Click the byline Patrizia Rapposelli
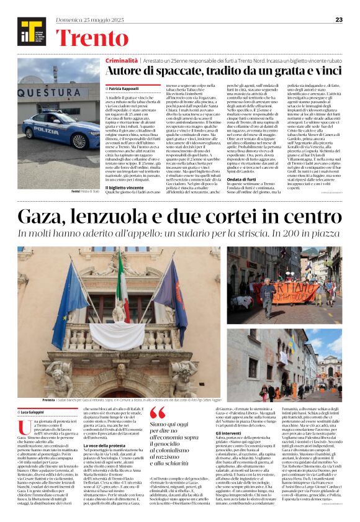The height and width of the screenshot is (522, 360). point(124,89)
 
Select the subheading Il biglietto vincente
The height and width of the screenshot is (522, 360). point(125,187)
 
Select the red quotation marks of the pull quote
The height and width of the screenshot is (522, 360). point(158,413)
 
